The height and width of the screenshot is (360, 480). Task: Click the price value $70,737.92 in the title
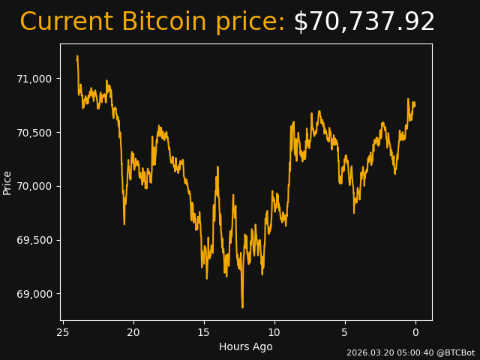click(x=364, y=22)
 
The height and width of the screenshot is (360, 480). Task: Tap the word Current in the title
click(x=67, y=22)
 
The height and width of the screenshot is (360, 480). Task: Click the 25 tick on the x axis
click(x=63, y=332)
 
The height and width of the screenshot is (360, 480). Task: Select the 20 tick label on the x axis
click(x=133, y=332)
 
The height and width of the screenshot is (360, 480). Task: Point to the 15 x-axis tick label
click(x=204, y=332)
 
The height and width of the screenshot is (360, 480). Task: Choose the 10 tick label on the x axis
click(x=274, y=332)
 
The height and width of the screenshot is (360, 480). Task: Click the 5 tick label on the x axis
click(x=345, y=332)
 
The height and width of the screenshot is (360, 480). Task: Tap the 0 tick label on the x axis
click(x=415, y=332)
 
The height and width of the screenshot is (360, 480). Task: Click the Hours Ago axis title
click(x=246, y=346)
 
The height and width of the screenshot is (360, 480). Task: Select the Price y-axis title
click(x=7, y=182)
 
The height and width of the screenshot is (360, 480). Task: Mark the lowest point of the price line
click(x=242, y=307)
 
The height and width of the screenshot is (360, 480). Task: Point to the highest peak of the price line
click(x=77, y=56)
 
